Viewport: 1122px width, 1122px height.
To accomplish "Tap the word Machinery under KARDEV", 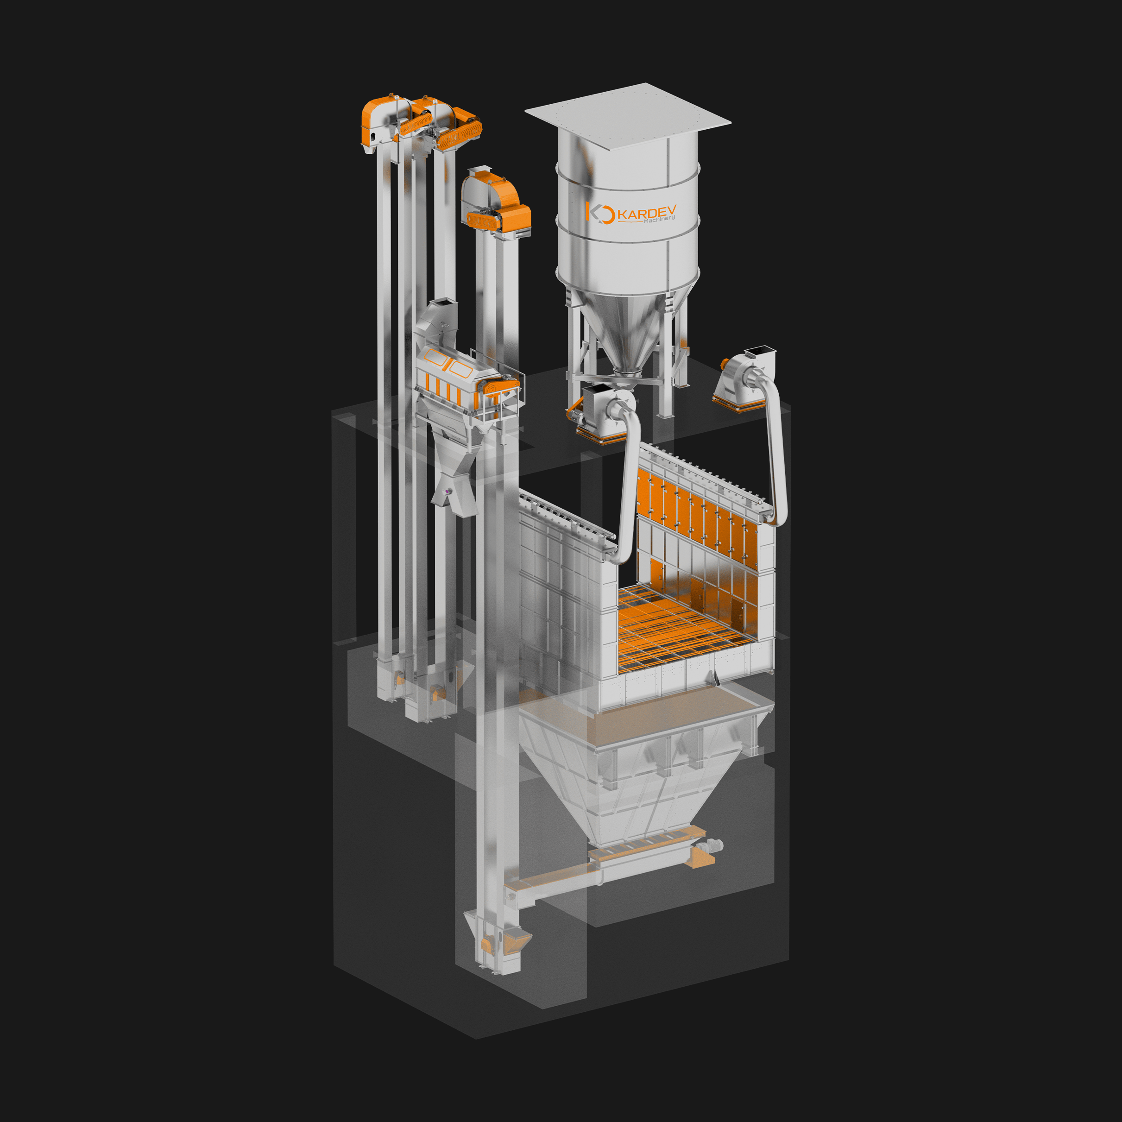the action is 659,220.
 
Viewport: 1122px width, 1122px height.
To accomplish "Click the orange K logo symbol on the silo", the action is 600,213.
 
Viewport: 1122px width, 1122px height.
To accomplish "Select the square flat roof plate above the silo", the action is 628,115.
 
